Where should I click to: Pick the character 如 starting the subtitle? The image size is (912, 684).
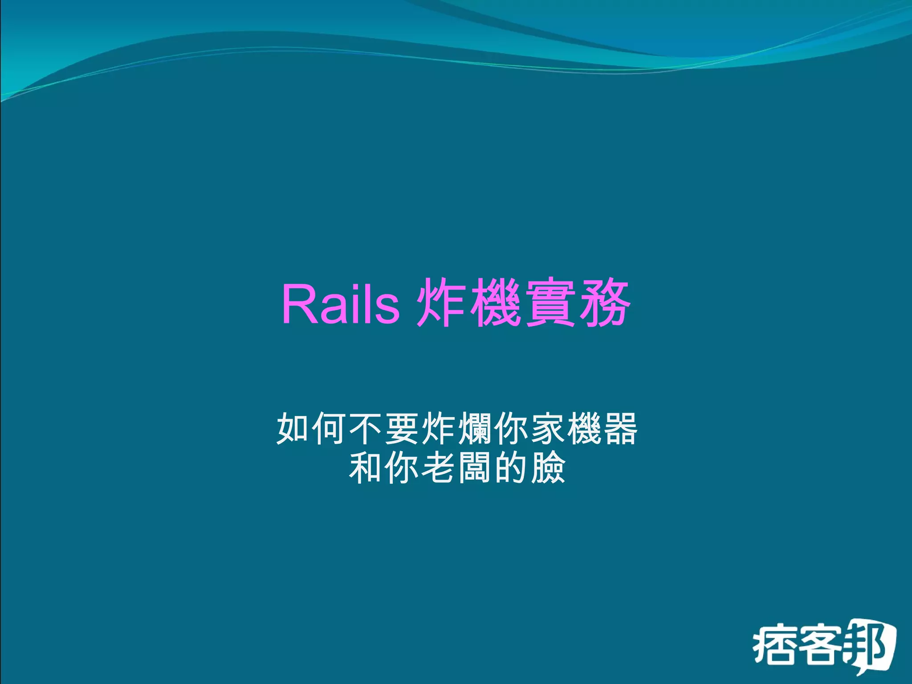[294, 428]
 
